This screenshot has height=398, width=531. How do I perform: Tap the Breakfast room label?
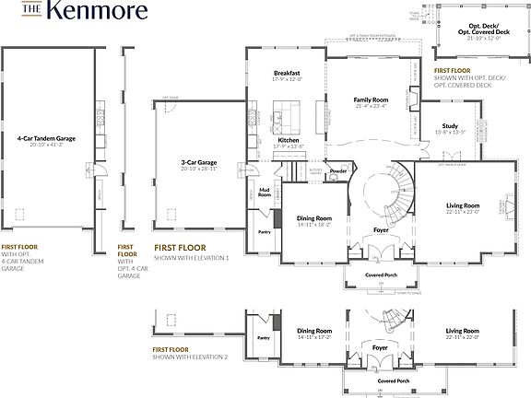pyautogui.click(x=288, y=73)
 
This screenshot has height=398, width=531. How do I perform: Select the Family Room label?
pyautogui.click(x=372, y=99)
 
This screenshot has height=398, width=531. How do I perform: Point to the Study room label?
pyautogui.click(x=450, y=126)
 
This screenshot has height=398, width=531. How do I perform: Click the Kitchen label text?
pyautogui.click(x=289, y=140)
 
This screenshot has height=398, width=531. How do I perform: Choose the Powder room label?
pyautogui.click(x=337, y=170)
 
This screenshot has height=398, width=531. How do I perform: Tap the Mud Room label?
pyautogui.click(x=265, y=193)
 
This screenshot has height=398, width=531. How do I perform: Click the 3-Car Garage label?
pyautogui.click(x=199, y=162)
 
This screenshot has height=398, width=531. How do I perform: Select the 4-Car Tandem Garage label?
pyautogui.click(x=46, y=139)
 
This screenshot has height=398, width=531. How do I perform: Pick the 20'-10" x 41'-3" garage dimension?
pyautogui.click(x=46, y=146)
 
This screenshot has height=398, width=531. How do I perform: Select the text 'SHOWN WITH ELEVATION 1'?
pyautogui.click(x=190, y=257)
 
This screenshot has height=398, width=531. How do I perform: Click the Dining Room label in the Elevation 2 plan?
pyautogui.click(x=313, y=331)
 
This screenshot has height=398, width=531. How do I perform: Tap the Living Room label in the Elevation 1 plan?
pyautogui.click(x=463, y=205)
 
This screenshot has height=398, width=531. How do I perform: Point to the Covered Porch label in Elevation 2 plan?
pyautogui.click(x=393, y=380)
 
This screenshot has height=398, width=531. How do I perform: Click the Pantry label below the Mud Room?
pyautogui.click(x=264, y=232)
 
